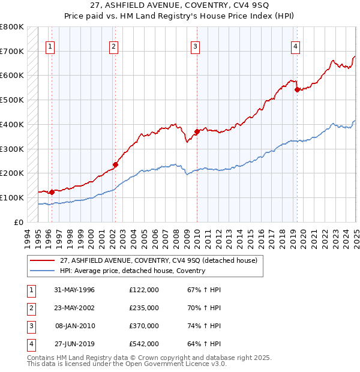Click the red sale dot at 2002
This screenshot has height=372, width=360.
pyautogui.click(x=115, y=164)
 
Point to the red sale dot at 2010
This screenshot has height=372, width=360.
pyautogui.click(x=197, y=131)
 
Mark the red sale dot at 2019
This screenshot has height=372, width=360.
pyautogui.click(x=297, y=89)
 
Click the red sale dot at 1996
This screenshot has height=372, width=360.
pyautogui.click(x=52, y=192)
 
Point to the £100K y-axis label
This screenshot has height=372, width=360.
pyautogui.click(x=12, y=197)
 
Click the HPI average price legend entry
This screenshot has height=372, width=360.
pyautogui.click(x=132, y=271)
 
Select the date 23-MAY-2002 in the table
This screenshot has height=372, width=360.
pyautogui.click(x=74, y=308)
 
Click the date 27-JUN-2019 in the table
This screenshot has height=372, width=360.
pyautogui.click(x=74, y=344)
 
